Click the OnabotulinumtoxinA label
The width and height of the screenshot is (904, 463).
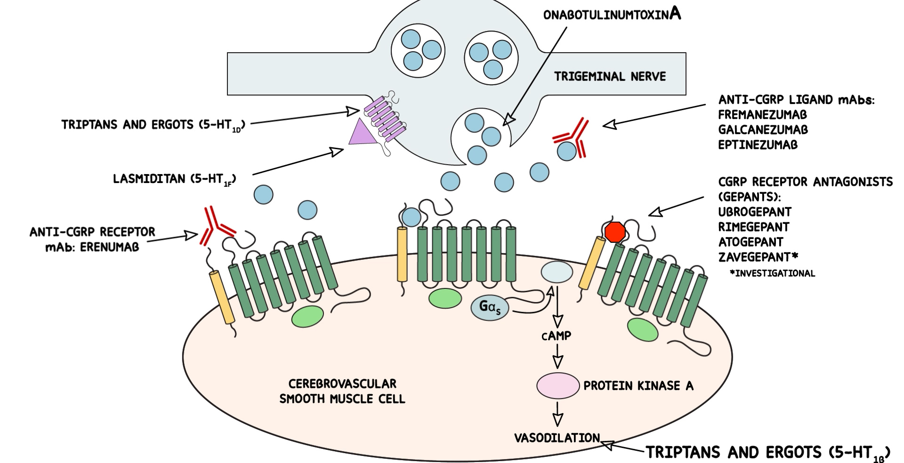[x=612, y=15]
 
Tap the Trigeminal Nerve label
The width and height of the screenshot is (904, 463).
[x=610, y=76]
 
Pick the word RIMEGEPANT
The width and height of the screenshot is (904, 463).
[x=753, y=227]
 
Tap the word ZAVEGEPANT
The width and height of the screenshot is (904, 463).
[x=755, y=257]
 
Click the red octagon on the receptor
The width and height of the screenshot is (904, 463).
[x=615, y=232]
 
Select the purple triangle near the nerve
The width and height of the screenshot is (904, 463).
[x=361, y=132]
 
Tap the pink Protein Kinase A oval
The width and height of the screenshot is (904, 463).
[x=558, y=385]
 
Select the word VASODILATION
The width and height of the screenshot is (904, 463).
[x=557, y=438]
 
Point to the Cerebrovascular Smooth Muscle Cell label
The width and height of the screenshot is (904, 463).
[x=342, y=391]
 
